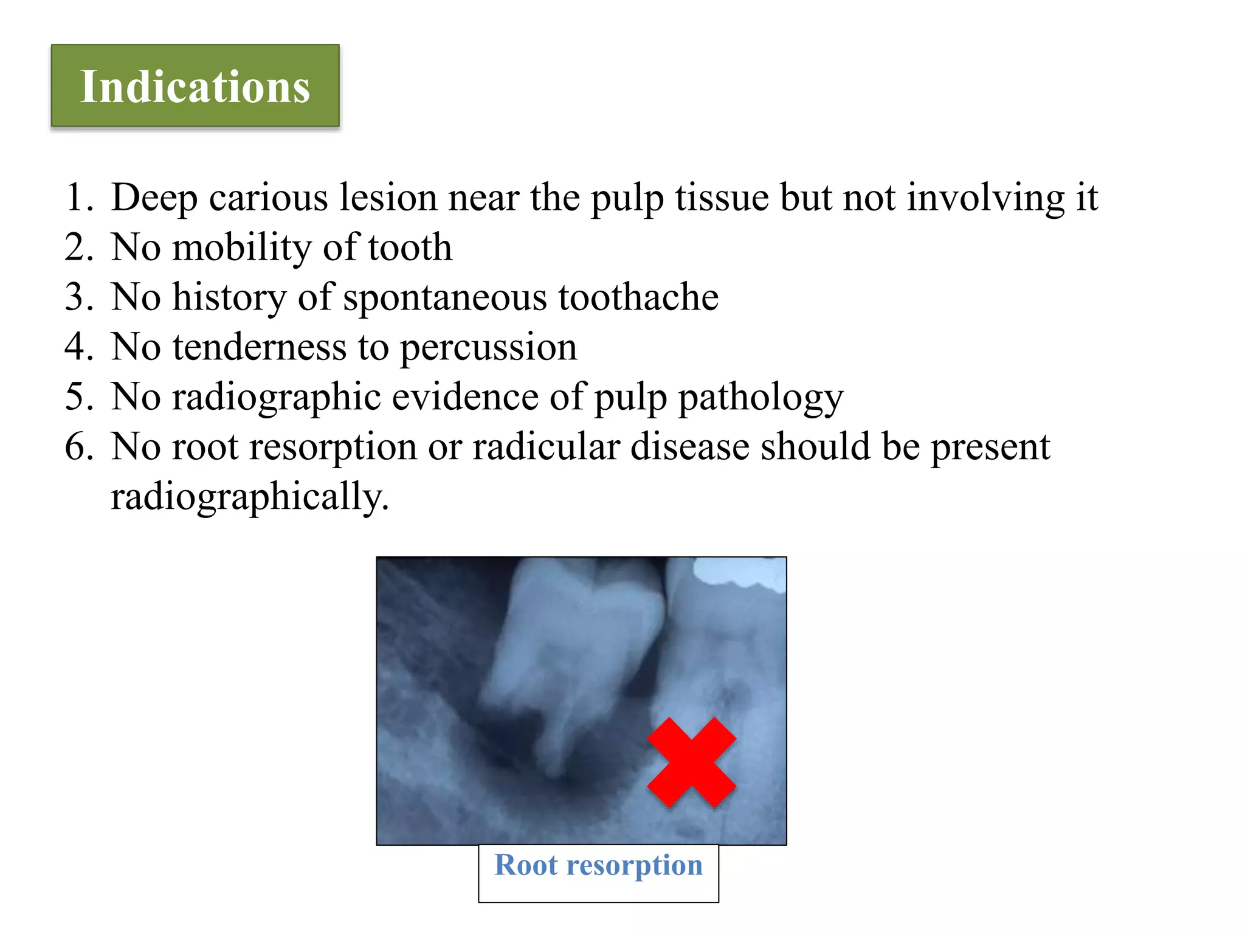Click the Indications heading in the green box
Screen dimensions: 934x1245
coord(195,87)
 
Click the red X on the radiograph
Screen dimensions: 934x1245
coord(691,763)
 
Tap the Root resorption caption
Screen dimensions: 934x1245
coord(598,865)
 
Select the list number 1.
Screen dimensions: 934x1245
coord(78,198)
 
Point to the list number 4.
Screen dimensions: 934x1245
coord(78,347)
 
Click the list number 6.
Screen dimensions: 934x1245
coord(78,447)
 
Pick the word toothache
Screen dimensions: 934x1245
coord(638,297)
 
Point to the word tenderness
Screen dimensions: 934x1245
coord(260,347)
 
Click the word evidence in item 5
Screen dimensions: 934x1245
coord(465,397)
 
